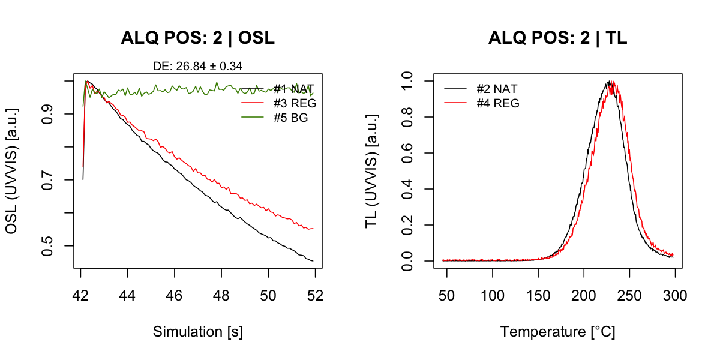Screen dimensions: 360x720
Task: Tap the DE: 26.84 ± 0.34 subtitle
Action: (197, 65)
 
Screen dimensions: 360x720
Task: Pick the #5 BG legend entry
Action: (290, 118)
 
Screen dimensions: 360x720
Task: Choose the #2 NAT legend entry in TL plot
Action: (497, 89)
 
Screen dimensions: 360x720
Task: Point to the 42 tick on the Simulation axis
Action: (81, 295)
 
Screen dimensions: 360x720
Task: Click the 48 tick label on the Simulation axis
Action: (221, 295)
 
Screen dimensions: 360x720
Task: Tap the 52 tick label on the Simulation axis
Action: (315, 295)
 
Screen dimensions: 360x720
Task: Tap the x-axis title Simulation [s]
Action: (197, 332)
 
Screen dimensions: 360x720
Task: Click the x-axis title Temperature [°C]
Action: (557, 332)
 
